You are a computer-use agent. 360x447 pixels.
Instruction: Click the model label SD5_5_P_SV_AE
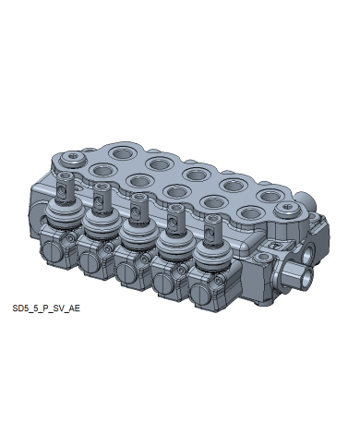46,308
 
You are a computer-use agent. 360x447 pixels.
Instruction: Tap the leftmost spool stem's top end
66,175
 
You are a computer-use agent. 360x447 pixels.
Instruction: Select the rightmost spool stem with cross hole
212,229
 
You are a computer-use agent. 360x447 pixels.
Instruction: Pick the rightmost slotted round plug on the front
200,294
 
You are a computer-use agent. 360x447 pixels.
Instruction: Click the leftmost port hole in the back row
123,153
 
